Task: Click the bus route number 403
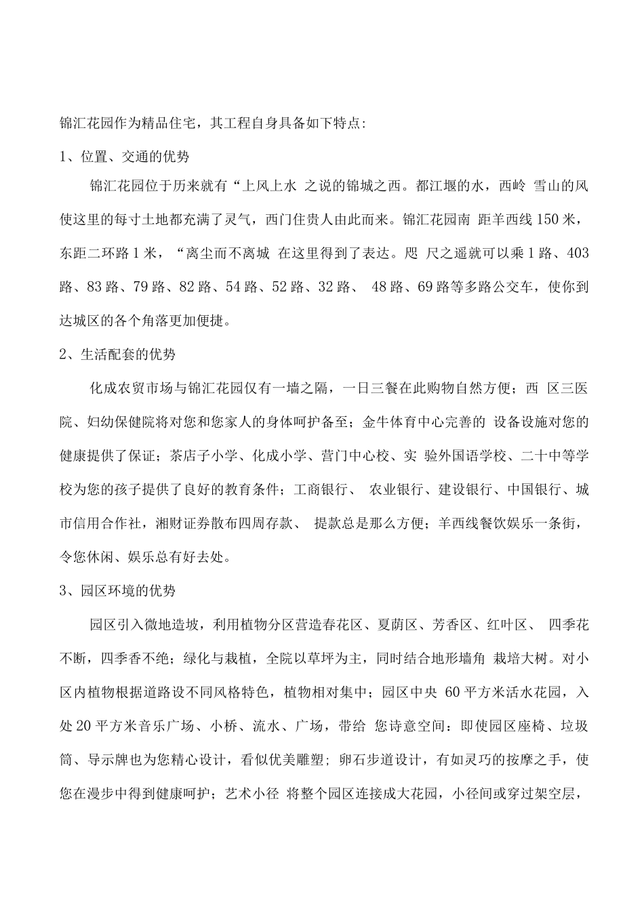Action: tap(577, 254)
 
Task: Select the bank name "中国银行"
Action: tap(525, 488)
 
